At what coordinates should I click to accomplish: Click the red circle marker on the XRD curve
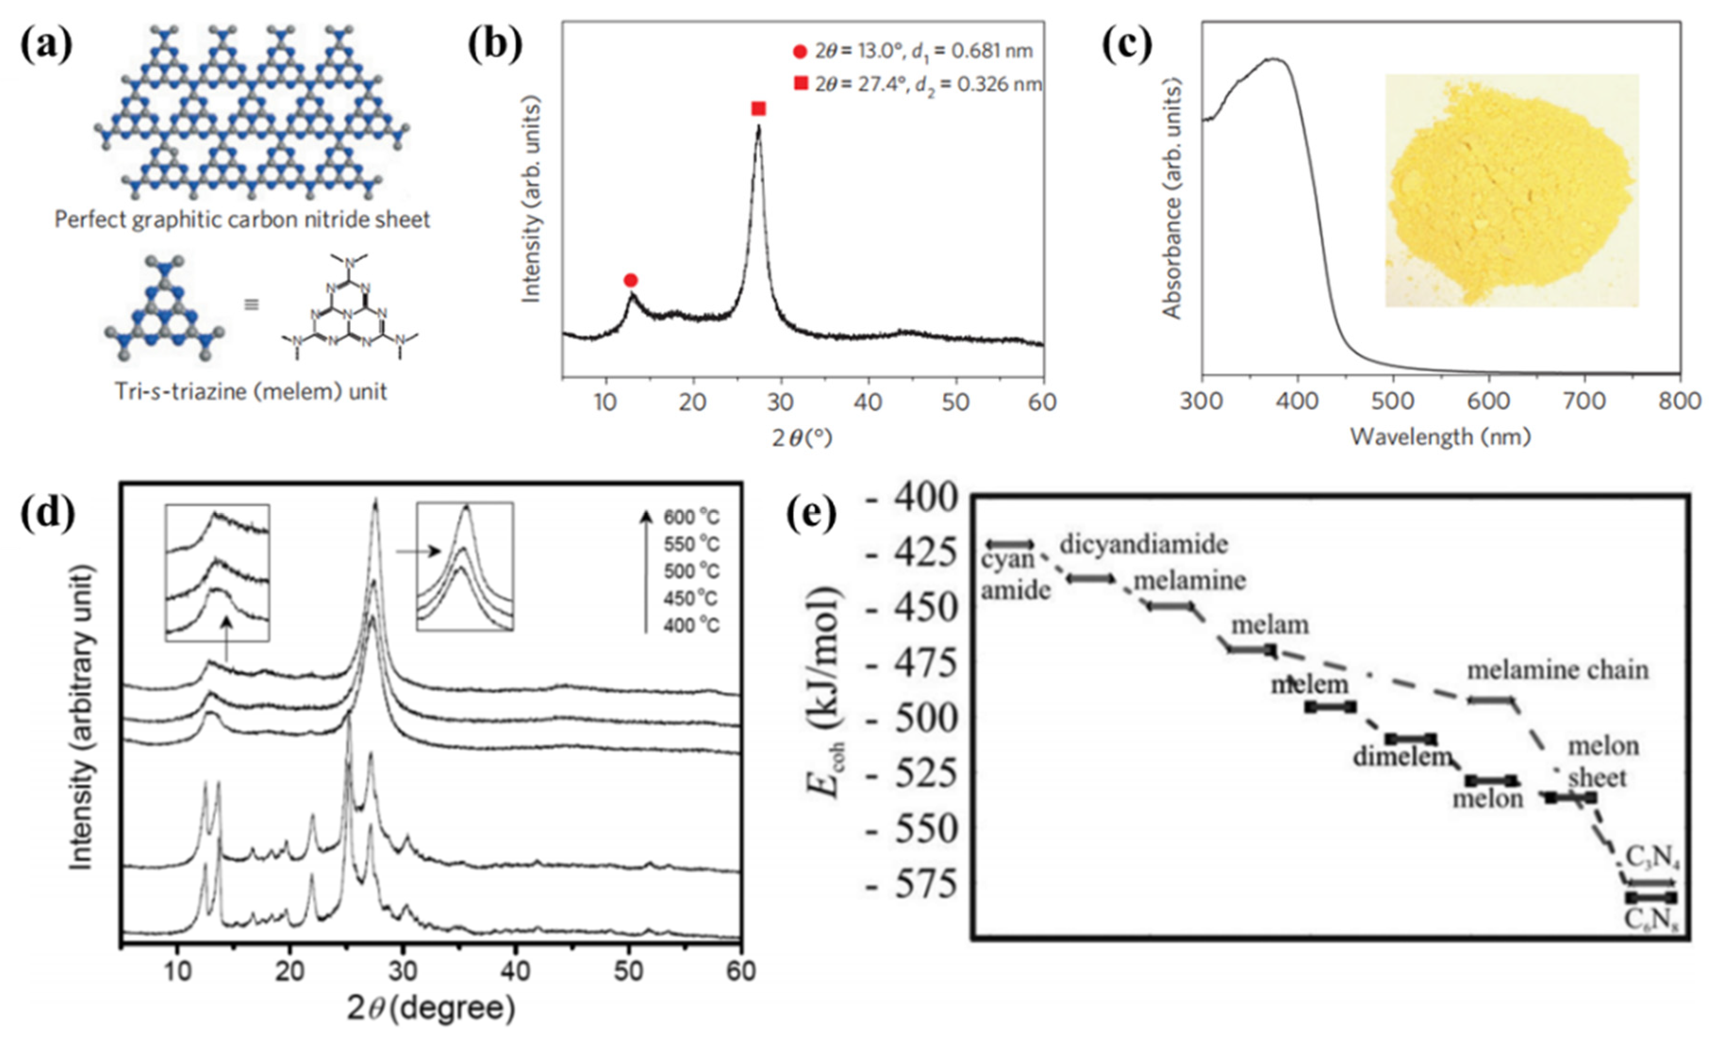pyautogui.click(x=630, y=280)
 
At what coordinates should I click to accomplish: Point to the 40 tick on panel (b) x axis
pyautogui.click(x=868, y=402)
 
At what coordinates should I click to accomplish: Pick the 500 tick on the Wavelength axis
pyautogui.click(x=1393, y=402)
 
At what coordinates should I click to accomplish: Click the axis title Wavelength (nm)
pyautogui.click(x=1441, y=437)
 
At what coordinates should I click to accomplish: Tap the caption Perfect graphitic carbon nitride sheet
pyautogui.click(x=242, y=220)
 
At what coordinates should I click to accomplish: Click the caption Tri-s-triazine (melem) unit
pyautogui.click(x=250, y=392)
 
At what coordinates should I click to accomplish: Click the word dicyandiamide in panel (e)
pyautogui.click(x=1143, y=544)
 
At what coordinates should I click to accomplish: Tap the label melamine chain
pyautogui.click(x=1558, y=670)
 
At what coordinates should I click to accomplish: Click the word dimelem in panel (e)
pyautogui.click(x=1402, y=757)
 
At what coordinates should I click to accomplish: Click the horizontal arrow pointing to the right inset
pyautogui.click(x=418, y=551)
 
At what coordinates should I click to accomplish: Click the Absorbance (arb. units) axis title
pyautogui.click(x=1172, y=198)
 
